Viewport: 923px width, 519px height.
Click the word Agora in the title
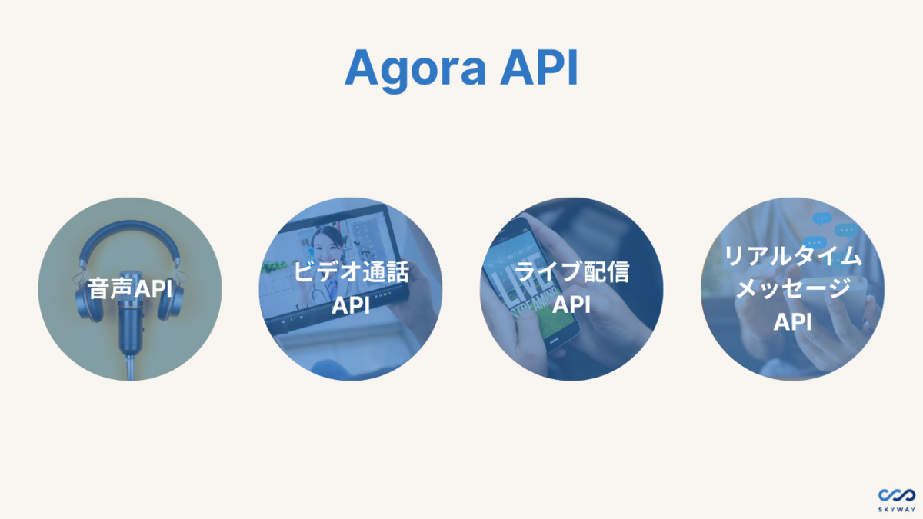415,69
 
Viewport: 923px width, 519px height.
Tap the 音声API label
129,290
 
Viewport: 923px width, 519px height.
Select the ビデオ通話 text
351,272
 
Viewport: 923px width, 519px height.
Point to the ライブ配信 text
571,272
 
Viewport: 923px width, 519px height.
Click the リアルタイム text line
792,256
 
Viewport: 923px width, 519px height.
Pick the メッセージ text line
792,290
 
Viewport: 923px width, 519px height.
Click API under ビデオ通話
351,305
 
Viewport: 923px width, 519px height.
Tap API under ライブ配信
571,305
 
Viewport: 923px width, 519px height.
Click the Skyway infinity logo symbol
896,494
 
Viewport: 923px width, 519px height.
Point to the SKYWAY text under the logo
896,510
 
